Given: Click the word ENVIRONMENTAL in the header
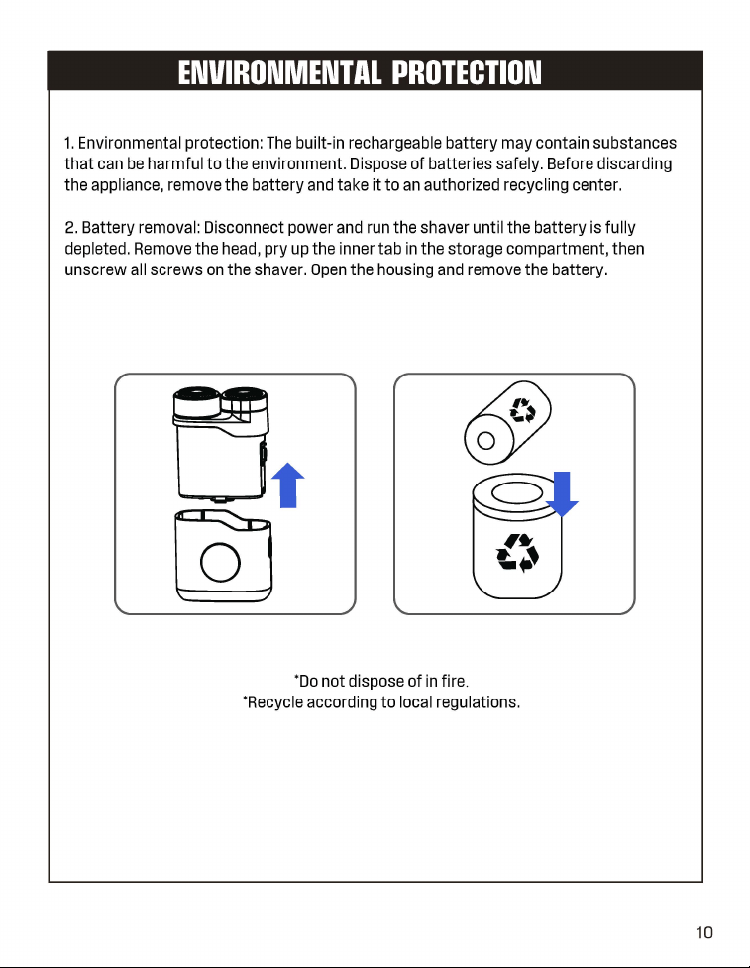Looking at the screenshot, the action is [279, 73].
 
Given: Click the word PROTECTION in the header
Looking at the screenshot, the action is [467, 73].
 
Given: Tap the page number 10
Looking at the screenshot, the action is [704, 932].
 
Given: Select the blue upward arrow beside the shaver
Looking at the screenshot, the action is [288, 485].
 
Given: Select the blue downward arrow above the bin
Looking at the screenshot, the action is [562, 493].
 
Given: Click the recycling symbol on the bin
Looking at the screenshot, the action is [518, 553].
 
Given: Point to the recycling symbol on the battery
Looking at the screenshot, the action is [522, 410].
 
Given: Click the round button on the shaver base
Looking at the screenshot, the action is [220, 562].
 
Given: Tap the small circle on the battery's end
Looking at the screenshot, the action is [485, 440].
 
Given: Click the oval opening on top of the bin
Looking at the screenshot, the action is [515, 493].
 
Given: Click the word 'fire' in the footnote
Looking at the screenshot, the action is [454, 681].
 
